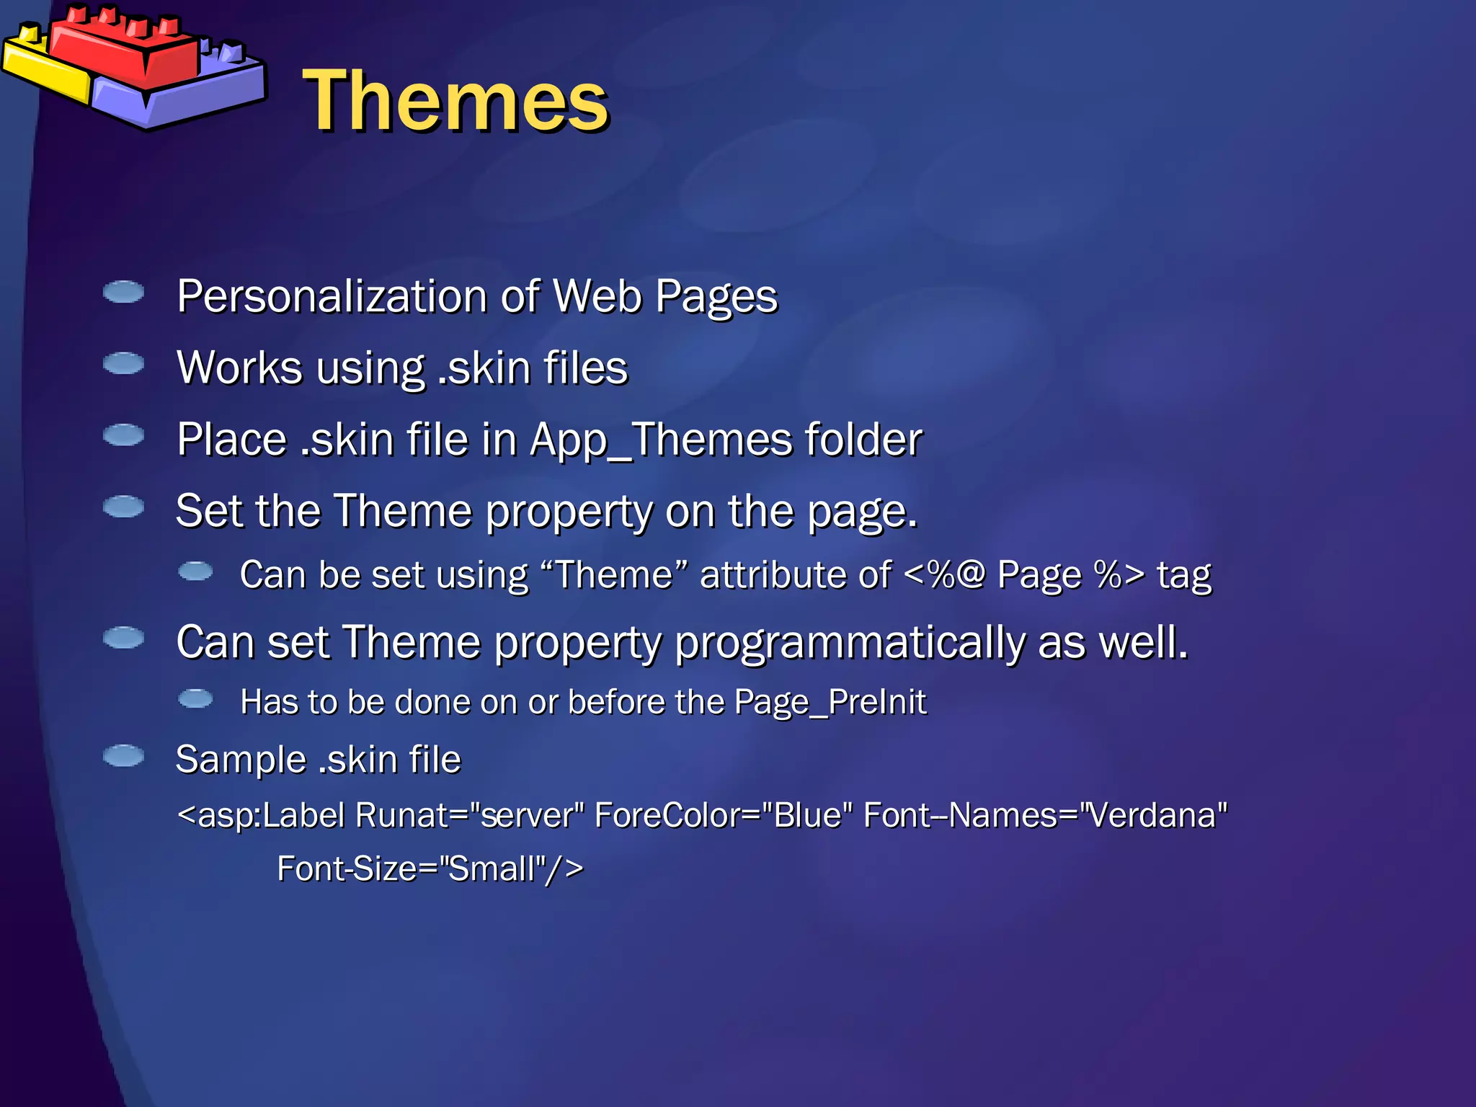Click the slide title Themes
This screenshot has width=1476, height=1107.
(455, 101)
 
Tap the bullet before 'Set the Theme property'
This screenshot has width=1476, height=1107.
(124, 507)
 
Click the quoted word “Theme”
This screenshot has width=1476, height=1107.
(613, 576)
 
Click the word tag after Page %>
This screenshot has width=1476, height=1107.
(1184, 576)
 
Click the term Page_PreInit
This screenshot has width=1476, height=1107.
(830, 702)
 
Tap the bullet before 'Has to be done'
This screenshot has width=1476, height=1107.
(195, 698)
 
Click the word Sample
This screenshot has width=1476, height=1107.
(241, 760)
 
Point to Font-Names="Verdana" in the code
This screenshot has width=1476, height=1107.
(1045, 816)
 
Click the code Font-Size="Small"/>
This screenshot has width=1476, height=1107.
(430, 869)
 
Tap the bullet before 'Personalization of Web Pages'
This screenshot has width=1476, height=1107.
(124, 292)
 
